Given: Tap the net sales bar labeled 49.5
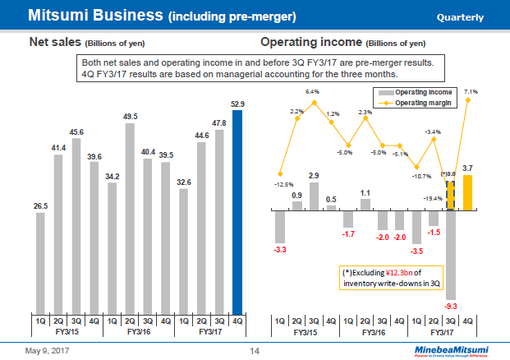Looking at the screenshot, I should point(130,218).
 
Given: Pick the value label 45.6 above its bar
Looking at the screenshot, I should point(76,131).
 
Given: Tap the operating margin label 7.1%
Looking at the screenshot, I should point(471,92).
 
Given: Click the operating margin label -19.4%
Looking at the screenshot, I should point(433,198).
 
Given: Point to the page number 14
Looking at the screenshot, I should point(255,351).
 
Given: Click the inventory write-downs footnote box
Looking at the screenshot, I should point(389,278).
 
